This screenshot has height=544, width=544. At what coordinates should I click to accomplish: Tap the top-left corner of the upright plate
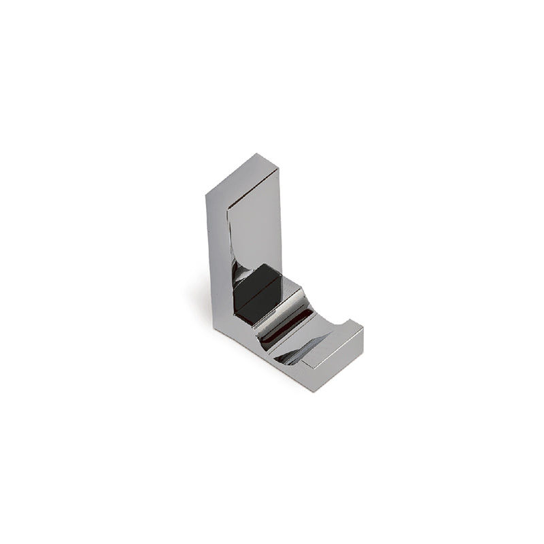pyautogui.click(x=207, y=197)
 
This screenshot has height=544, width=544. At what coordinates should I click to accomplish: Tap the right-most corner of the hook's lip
pyautogui.click(x=363, y=335)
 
